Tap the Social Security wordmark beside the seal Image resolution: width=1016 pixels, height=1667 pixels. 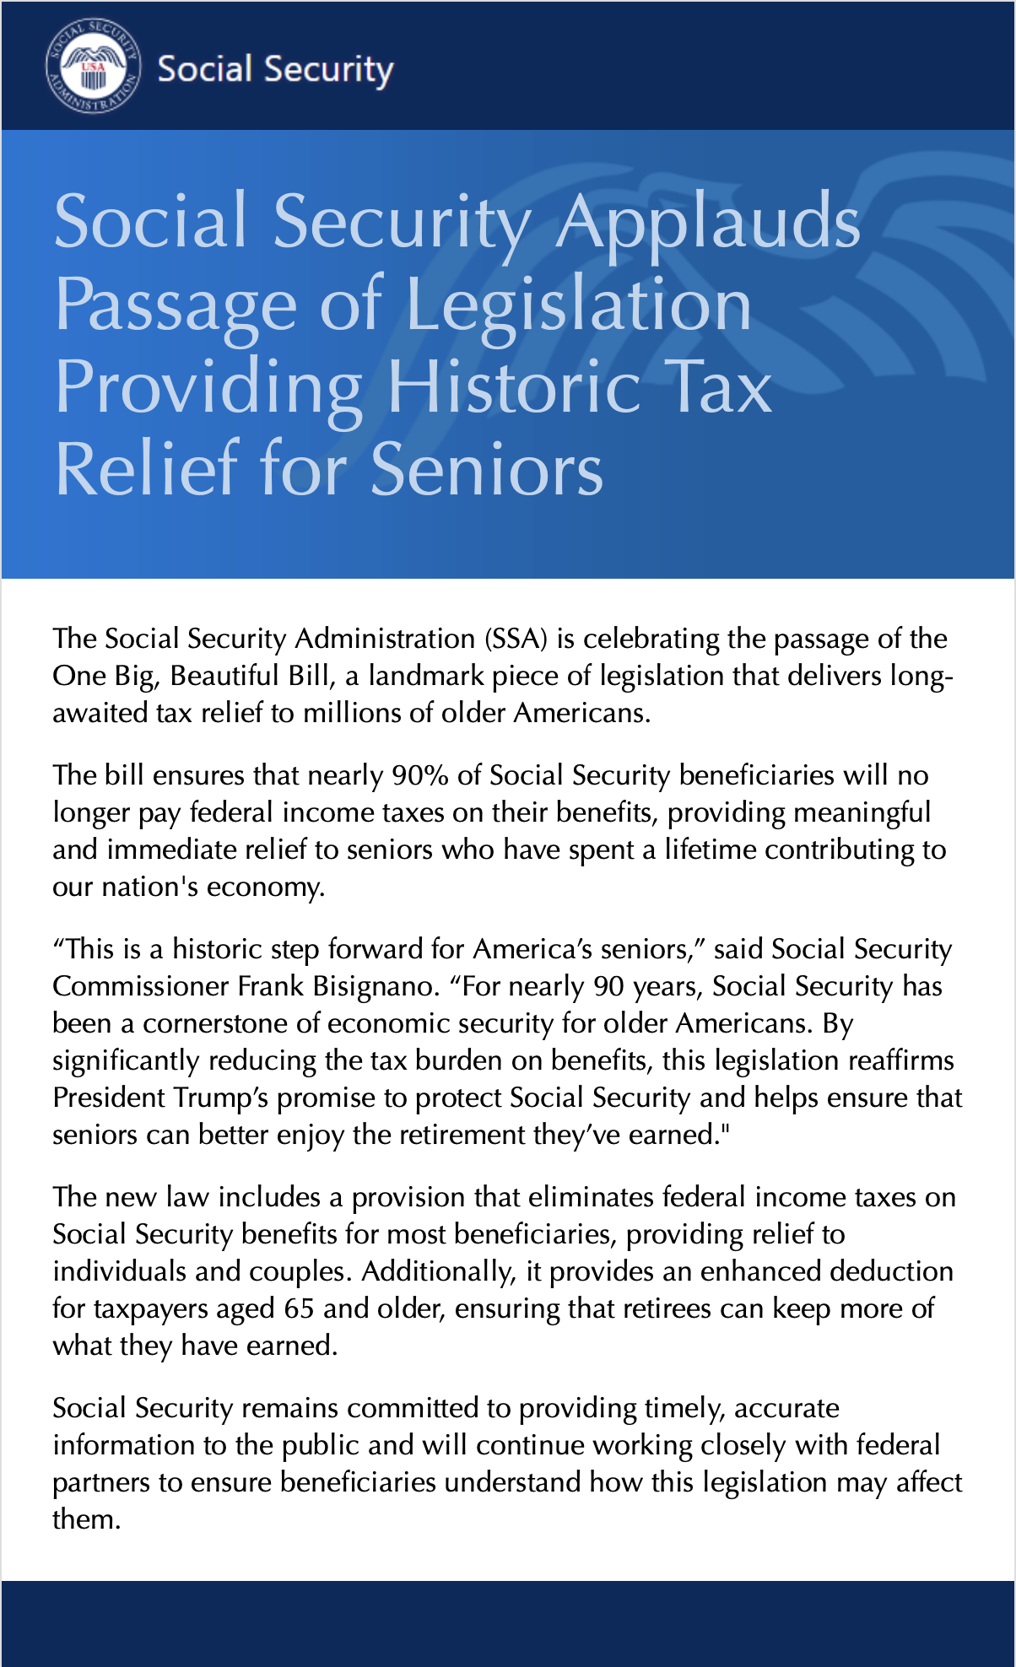click(x=275, y=69)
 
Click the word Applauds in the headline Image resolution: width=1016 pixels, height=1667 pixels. click(x=707, y=221)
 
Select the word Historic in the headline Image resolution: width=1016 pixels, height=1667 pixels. click(x=513, y=387)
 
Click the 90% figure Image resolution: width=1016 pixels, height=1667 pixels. click(x=419, y=775)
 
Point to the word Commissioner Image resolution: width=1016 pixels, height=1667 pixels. click(x=140, y=986)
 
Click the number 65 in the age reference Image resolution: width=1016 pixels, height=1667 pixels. click(x=299, y=1308)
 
